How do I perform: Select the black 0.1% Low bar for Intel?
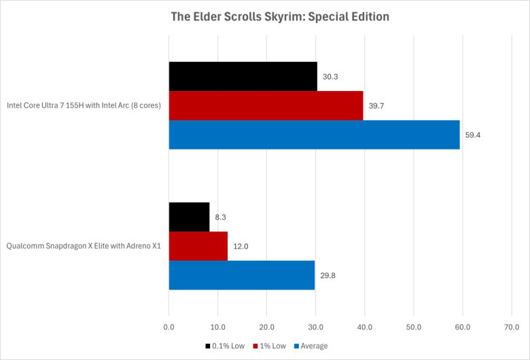[243, 76]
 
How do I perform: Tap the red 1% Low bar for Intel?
[266, 105]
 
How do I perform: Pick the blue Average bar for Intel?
[314, 134]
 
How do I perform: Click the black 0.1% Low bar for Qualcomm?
[189, 217]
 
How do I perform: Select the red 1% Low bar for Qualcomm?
[198, 246]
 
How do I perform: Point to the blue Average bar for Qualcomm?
[241, 275]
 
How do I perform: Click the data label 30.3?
[330, 77]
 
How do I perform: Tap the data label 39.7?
[376, 106]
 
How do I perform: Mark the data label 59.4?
[473, 135]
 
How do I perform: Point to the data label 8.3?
[221, 217]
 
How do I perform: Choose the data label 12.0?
[241, 247]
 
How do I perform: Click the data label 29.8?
[328, 276]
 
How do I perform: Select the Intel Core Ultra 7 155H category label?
[84, 105]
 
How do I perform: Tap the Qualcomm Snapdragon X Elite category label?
[83, 246]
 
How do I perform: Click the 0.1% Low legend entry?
[225, 346]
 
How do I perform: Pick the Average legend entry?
[311, 346]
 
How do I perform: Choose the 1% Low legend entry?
[270, 346]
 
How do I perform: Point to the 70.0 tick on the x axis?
[511, 327]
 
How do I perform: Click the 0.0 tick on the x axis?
[169, 327]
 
